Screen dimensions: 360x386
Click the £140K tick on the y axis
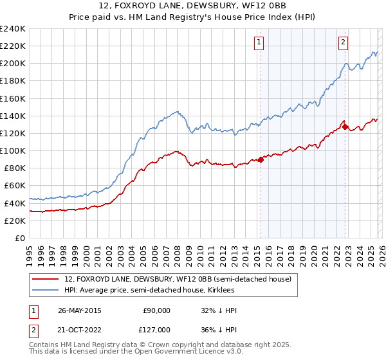pyautogui.click(x=13, y=116)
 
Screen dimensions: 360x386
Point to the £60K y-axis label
pyautogui.click(x=15, y=186)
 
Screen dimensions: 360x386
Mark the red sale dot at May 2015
pyautogui.click(x=261, y=159)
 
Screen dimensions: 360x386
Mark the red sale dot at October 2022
pyautogui.click(x=345, y=127)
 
